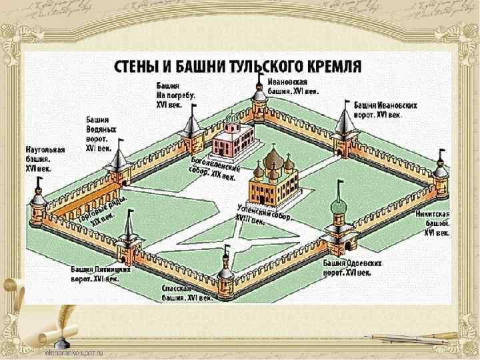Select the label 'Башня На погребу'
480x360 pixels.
click(172, 95)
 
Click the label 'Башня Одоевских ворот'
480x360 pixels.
click(353, 268)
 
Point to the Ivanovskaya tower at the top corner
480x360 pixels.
click(259, 100)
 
